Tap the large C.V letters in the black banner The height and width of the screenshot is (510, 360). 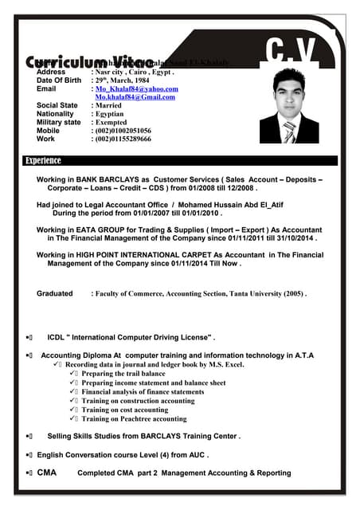pyautogui.click(x=290, y=50)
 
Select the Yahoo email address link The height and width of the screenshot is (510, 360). pyautogui.click(x=136, y=89)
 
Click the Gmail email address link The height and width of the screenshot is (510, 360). pyautogui.click(x=135, y=97)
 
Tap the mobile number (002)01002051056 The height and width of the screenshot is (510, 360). pyautogui.click(x=123, y=131)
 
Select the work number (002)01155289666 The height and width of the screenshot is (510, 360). pyautogui.click(x=123, y=139)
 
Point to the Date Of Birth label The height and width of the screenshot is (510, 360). pyautogui.click(x=59, y=80)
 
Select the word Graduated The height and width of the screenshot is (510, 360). pyautogui.click(x=55, y=293)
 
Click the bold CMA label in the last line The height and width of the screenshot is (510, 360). pyautogui.click(x=47, y=473)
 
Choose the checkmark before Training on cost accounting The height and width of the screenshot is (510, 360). pyautogui.click(x=74, y=410)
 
